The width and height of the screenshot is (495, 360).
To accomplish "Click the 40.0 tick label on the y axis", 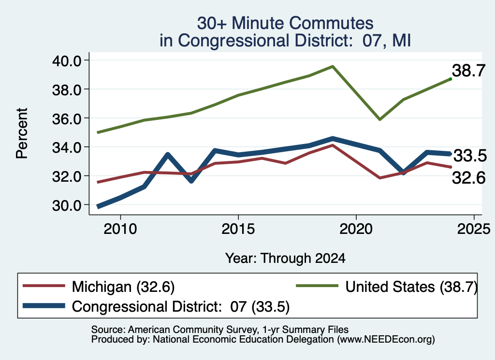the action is pyautogui.click(x=67, y=60).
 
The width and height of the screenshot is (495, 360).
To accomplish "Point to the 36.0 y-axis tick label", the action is pyautogui.click(x=67, y=119).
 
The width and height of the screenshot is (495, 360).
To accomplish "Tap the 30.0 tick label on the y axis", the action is pyautogui.click(x=67, y=205).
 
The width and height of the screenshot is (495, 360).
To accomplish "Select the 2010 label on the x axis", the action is pyautogui.click(x=120, y=229).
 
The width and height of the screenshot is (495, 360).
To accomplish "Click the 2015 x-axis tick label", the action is pyautogui.click(x=238, y=229).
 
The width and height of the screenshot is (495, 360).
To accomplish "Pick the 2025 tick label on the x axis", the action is pyautogui.click(x=474, y=229).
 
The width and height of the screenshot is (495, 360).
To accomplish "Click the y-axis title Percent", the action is pyautogui.click(x=22, y=133).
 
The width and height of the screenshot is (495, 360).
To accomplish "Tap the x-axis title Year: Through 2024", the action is pyautogui.click(x=285, y=259).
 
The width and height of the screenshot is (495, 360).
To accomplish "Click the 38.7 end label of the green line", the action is pyautogui.click(x=468, y=71).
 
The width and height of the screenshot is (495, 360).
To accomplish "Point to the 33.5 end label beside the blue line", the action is pyautogui.click(x=470, y=156).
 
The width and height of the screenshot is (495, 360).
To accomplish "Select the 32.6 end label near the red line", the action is pyautogui.click(x=468, y=178).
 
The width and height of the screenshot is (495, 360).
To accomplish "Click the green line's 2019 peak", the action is pyautogui.click(x=333, y=66).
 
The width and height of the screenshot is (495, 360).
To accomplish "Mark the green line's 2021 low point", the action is pyautogui.click(x=380, y=119).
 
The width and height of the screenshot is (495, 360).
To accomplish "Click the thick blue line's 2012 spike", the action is pyautogui.click(x=168, y=155).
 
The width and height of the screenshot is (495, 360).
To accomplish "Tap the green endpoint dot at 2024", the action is pyautogui.click(x=451, y=79).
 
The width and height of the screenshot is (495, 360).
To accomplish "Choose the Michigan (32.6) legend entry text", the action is pyautogui.click(x=123, y=287).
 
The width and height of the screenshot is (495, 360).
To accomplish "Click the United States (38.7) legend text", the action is pyautogui.click(x=411, y=287).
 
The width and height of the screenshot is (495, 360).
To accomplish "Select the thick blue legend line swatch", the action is pyautogui.click(x=44, y=306).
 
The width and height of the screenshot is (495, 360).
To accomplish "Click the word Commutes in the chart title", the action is pyautogui.click(x=331, y=23).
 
